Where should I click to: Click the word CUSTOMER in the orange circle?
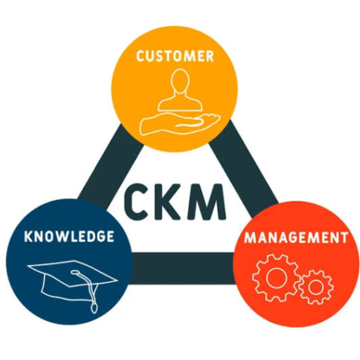click(x=175, y=56)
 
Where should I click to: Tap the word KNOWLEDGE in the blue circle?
click(x=69, y=236)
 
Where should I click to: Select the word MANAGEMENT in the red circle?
click(x=296, y=238)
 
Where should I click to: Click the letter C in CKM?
click(x=136, y=202)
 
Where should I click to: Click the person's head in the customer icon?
click(x=180, y=81)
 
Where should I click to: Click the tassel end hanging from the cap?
click(x=94, y=308)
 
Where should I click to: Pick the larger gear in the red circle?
click(x=276, y=278)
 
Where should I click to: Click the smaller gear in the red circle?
click(x=316, y=287)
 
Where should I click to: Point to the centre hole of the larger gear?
click(x=277, y=278)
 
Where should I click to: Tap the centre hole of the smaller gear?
click(x=316, y=287)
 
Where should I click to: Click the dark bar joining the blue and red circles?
click(x=183, y=268)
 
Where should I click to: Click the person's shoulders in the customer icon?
click(x=180, y=103)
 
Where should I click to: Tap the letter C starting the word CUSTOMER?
click(x=140, y=56)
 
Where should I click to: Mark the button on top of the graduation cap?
click(x=76, y=272)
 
